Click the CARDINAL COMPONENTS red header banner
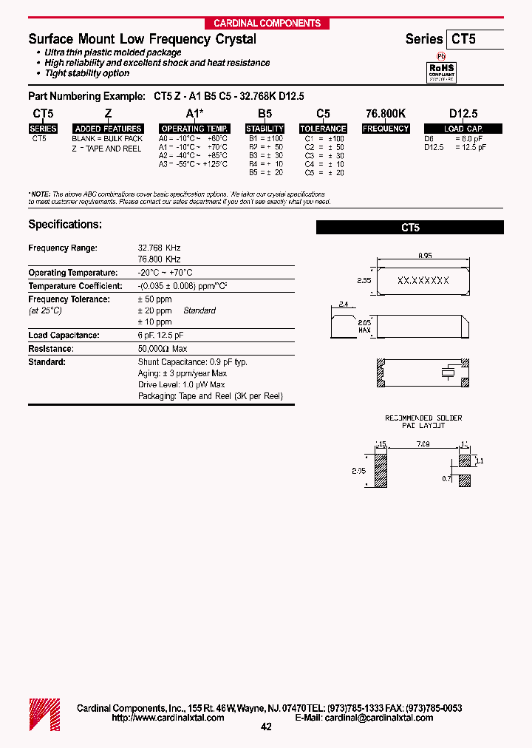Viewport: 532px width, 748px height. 267,23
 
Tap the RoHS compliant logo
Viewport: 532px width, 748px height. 442,70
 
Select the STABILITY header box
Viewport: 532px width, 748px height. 265,129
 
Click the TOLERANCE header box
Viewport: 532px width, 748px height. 323,129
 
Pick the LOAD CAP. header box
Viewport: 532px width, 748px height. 463,129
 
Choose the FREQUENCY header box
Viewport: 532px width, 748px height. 386,129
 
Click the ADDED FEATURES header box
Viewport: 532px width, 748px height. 108,129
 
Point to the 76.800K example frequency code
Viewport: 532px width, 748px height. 386,113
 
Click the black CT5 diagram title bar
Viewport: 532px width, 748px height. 410,228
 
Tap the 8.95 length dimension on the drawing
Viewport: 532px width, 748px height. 424,255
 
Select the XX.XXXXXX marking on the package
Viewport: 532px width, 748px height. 423,281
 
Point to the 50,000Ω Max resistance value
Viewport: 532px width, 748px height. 163,349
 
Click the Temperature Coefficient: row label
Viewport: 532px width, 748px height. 75,286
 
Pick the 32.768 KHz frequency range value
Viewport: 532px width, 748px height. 159,248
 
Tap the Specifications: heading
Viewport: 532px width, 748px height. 65,224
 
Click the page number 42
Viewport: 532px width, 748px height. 267,727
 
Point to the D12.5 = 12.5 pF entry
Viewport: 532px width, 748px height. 455,147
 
